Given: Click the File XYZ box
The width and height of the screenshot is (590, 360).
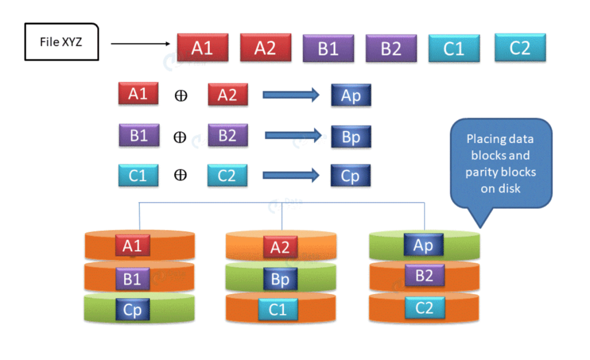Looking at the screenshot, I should [x=61, y=42].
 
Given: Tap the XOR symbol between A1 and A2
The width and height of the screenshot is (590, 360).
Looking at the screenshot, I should [x=181, y=96].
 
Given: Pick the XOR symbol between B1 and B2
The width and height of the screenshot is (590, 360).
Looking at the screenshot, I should [x=180, y=137].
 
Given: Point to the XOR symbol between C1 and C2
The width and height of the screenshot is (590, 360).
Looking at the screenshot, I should [x=180, y=175].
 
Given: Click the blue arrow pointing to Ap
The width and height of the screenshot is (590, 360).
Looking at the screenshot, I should [x=291, y=95].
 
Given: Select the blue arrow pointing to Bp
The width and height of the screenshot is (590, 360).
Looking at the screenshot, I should [x=292, y=135].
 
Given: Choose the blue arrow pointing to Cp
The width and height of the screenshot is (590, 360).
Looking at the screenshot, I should [x=291, y=175].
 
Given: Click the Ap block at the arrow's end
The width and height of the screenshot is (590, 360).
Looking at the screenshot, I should [x=351, y=95].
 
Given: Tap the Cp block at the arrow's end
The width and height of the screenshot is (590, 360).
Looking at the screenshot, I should [x=351, y=176].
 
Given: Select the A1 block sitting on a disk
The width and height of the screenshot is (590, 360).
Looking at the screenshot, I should [x=132, y=246].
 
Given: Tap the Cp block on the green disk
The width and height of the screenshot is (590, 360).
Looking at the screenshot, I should [x=132, y=310].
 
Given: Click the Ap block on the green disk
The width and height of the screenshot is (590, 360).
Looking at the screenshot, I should [x=423, y=245].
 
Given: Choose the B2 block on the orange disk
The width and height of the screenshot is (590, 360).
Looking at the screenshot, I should [x=424, y=276].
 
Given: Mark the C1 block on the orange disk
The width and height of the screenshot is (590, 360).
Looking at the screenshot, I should [x=278, y=310].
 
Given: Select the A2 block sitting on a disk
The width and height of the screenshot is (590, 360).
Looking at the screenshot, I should [x=280, y=247].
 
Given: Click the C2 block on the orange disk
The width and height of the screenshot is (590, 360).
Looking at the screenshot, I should [x=424, y=308].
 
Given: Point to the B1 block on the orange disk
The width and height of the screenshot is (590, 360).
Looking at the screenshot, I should [x=132, y=279].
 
